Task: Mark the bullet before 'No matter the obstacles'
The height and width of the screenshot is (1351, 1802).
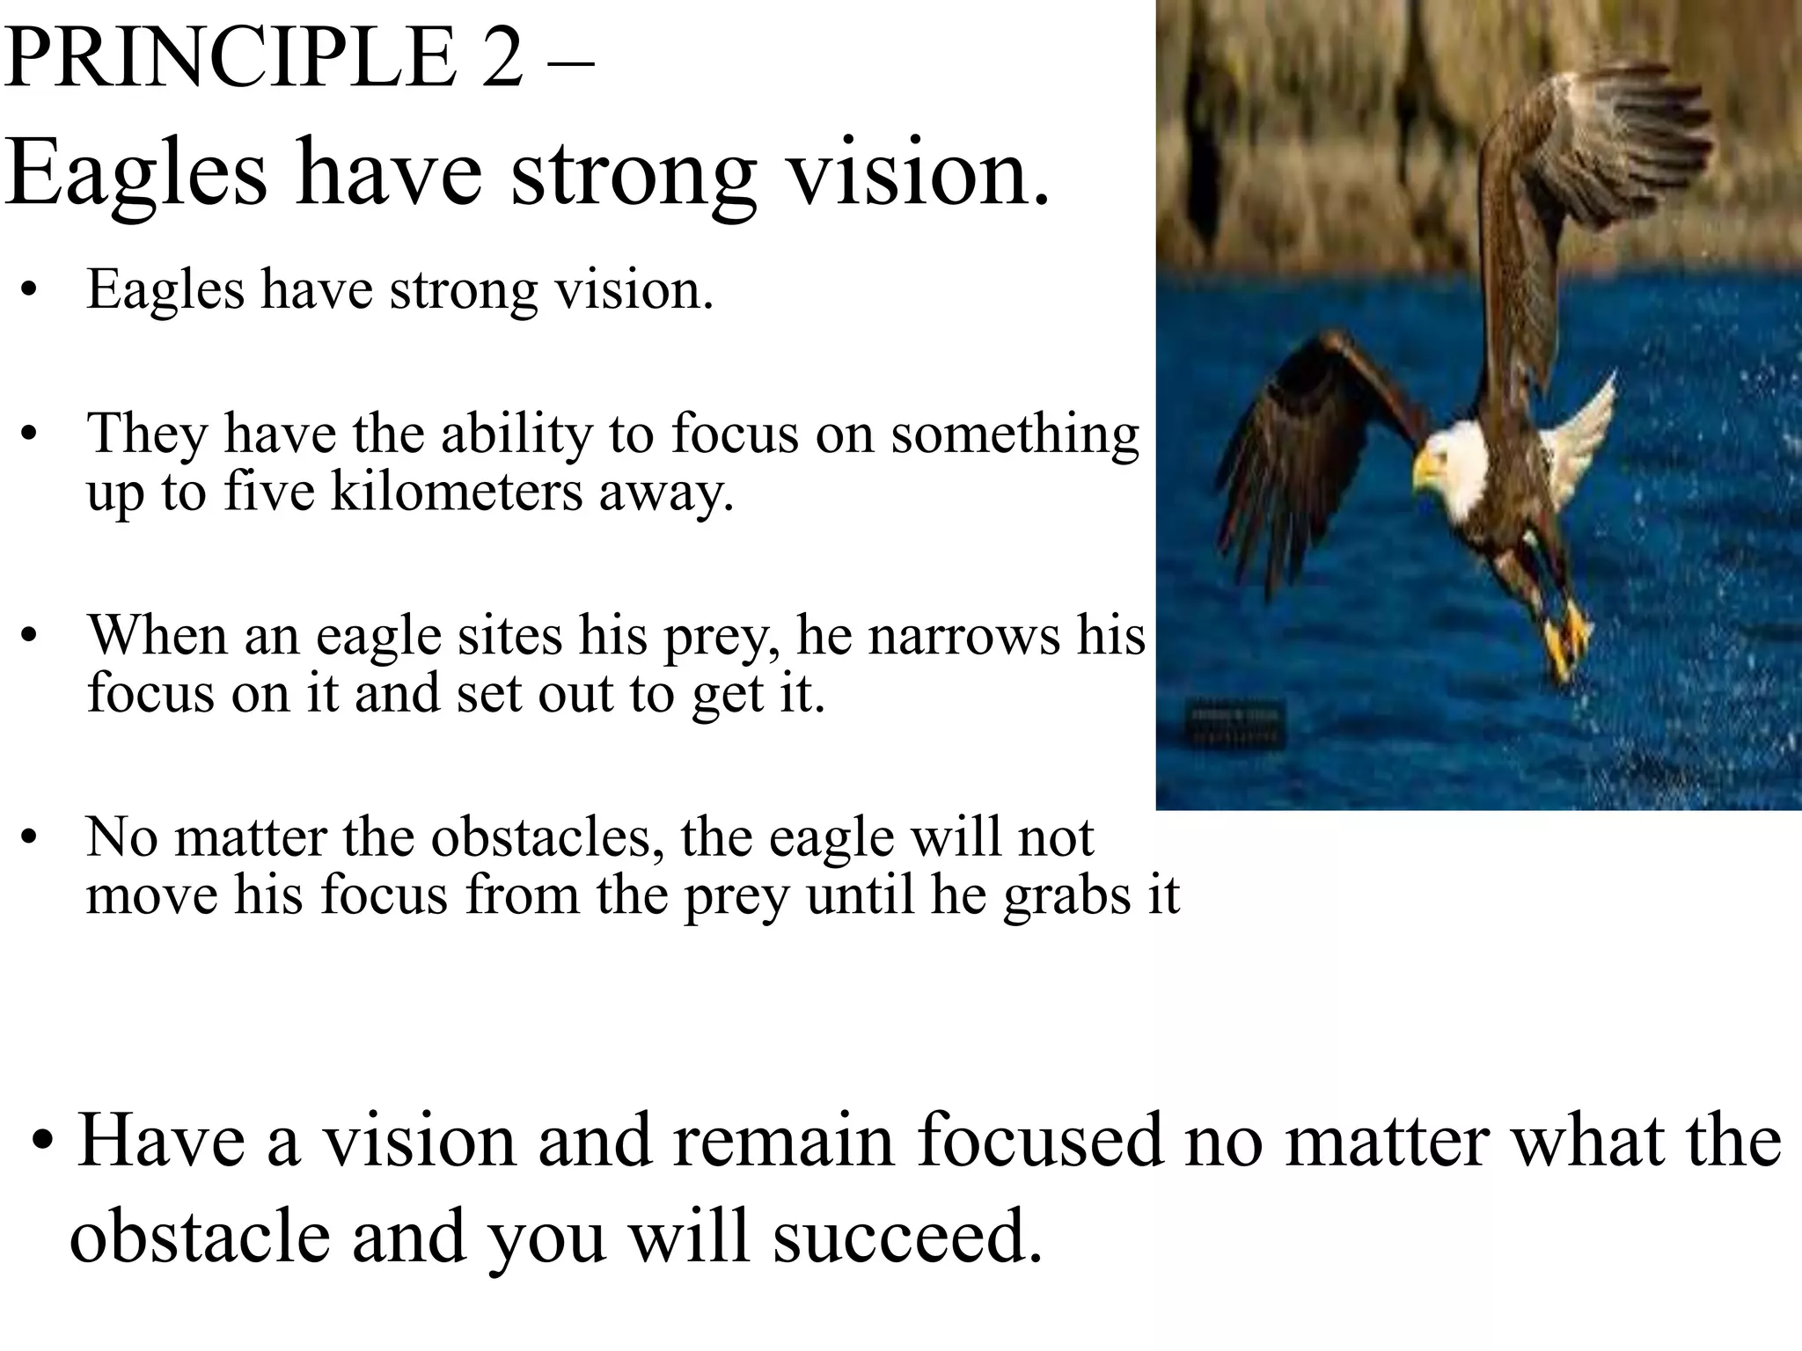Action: click(31, 839)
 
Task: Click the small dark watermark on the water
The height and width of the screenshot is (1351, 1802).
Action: click(1237, 723)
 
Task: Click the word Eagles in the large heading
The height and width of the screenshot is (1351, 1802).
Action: click(136, 172)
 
